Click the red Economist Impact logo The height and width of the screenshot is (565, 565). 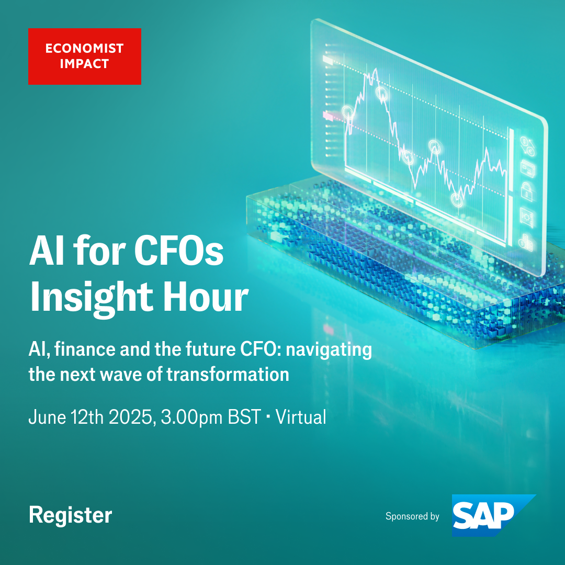pos(84,56)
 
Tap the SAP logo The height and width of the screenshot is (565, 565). pos(489,516)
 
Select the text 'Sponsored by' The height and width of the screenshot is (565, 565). pos(412,516)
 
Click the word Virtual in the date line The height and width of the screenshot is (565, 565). pos(301,417)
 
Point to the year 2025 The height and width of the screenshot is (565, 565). pos(127,417)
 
